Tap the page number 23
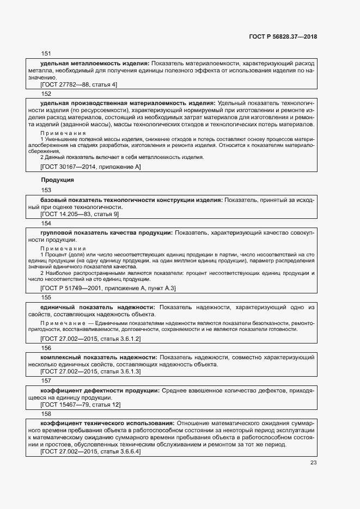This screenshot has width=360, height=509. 313,463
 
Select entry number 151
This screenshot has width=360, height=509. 46,54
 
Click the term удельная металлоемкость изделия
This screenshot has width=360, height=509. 95,63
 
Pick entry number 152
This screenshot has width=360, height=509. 46,94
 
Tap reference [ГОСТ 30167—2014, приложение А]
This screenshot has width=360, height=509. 90,167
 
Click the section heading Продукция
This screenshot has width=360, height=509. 57,180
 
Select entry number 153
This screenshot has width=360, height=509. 46,190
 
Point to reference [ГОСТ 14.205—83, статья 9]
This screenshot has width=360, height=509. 80,214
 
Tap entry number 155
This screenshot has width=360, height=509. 46,297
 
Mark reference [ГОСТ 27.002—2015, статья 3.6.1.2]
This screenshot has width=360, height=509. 90,339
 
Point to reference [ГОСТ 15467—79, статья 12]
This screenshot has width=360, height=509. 81,404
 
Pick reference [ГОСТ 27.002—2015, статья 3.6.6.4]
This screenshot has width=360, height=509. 90,451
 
